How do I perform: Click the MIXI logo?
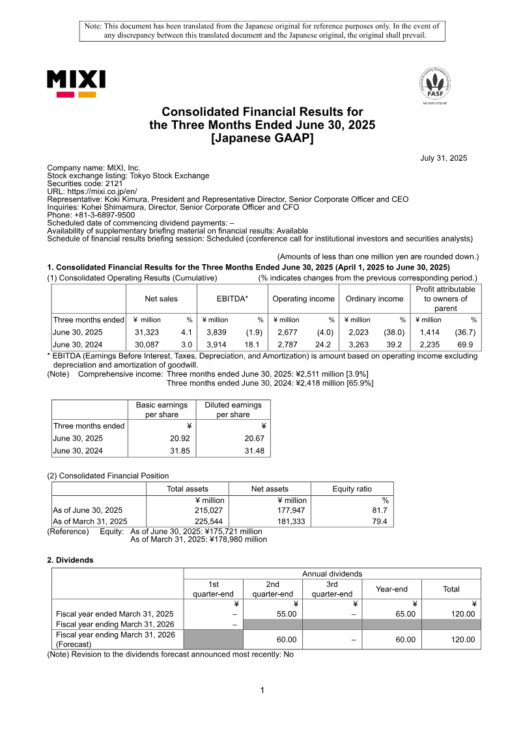[76, 84]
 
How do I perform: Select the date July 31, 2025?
[444, 158]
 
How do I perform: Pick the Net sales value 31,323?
[147, 332]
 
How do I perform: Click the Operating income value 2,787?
[287, 344]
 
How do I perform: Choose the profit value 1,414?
[430, 332]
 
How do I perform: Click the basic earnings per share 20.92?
[170, 439]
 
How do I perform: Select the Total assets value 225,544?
[209, 521]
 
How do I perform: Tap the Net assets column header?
[270, 489]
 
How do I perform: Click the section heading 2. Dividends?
[70, 560]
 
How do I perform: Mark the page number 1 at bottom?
[262, 690]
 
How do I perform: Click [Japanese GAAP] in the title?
[262, 137]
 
